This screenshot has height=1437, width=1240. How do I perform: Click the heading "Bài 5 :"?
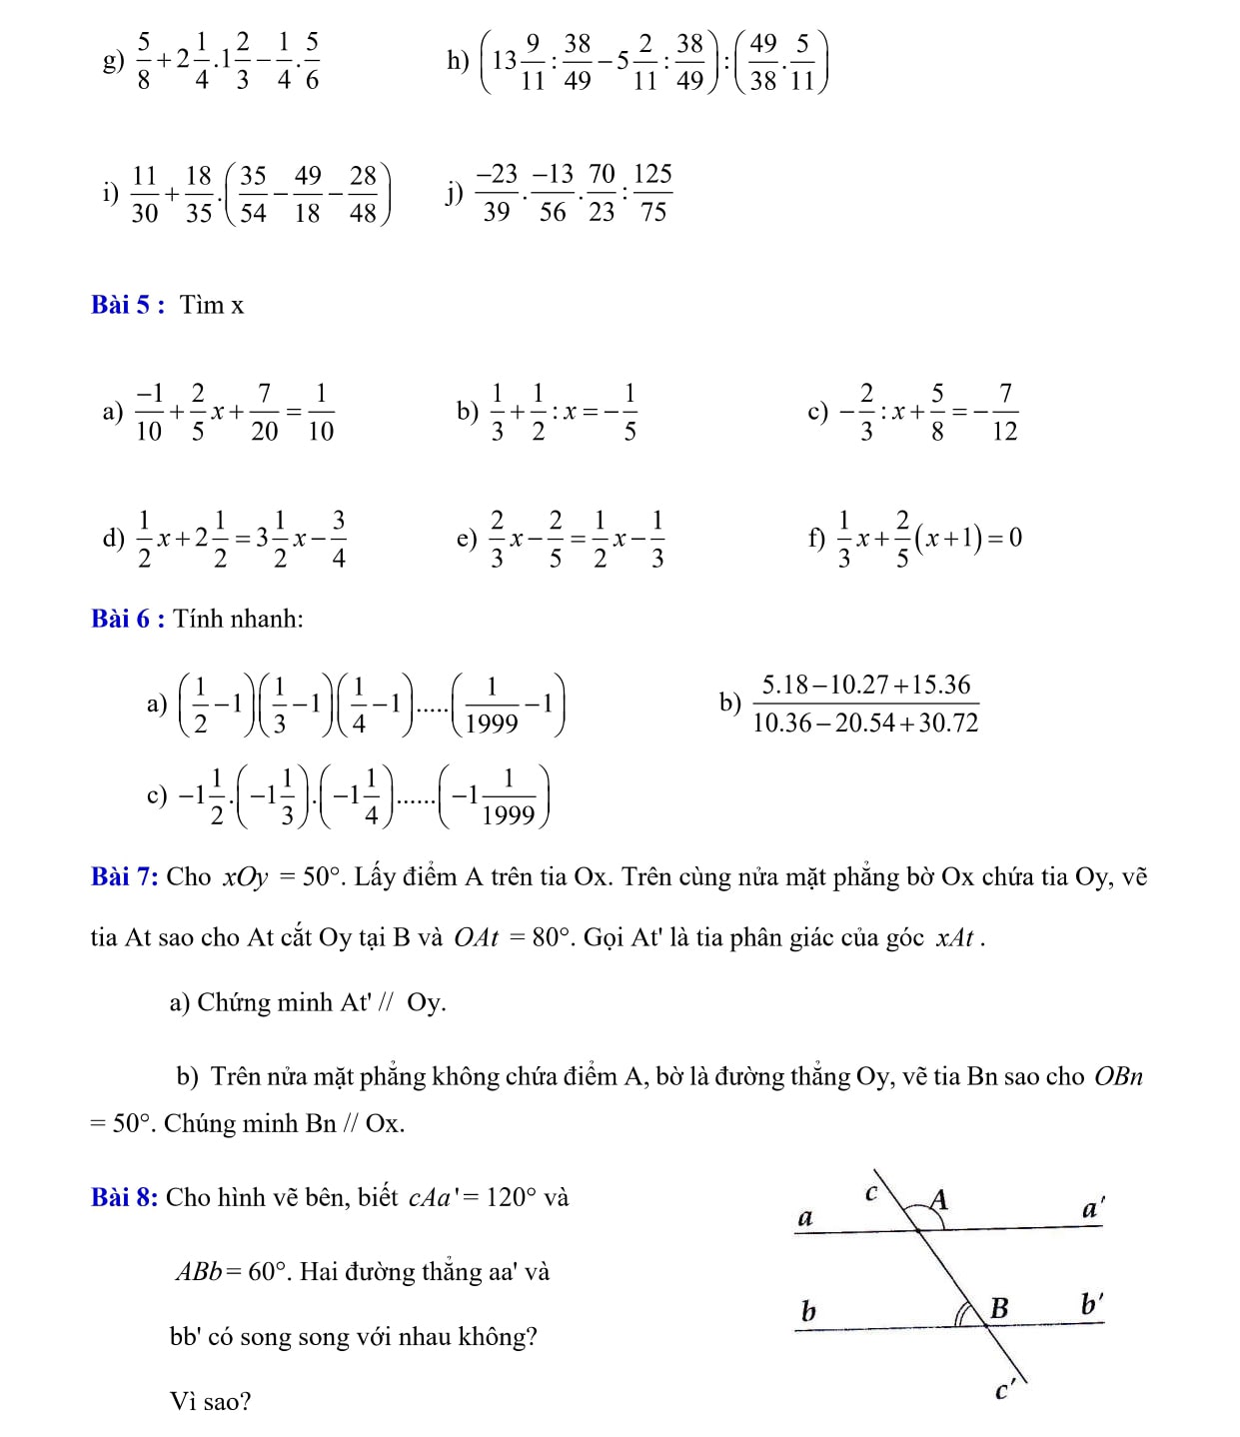click(128, 305)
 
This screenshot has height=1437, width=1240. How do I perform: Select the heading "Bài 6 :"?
click(128, 619)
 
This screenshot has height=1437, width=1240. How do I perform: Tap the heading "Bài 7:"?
click(125, 877)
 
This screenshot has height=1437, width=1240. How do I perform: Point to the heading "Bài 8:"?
click(125, 1197)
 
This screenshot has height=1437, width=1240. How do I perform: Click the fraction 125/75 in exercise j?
click(652, 193)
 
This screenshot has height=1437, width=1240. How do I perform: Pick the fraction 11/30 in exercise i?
click(144, 194)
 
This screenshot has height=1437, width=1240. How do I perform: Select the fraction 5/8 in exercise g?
click(144, 61)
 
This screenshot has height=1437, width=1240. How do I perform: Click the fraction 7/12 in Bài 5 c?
click(1004, 412)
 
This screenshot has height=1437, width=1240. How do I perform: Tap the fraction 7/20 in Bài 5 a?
click(264, 412)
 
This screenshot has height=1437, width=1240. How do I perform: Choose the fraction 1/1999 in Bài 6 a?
click(492, 705)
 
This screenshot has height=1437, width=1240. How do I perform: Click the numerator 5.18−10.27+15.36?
click(865, 686)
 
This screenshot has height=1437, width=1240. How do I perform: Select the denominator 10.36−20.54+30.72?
click(865, 722)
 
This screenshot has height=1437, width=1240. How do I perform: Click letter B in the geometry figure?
click(998, 1307)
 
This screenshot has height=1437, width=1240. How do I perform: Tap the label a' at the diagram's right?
click(1092, 1208)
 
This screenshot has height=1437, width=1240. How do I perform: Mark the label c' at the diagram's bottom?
click(1005, 1390)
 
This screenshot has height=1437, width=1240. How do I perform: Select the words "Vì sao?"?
click(210, 1402)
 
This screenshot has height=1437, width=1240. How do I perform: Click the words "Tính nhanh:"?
click(238, 619)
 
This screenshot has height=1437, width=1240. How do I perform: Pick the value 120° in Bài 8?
click(511, 1197)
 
